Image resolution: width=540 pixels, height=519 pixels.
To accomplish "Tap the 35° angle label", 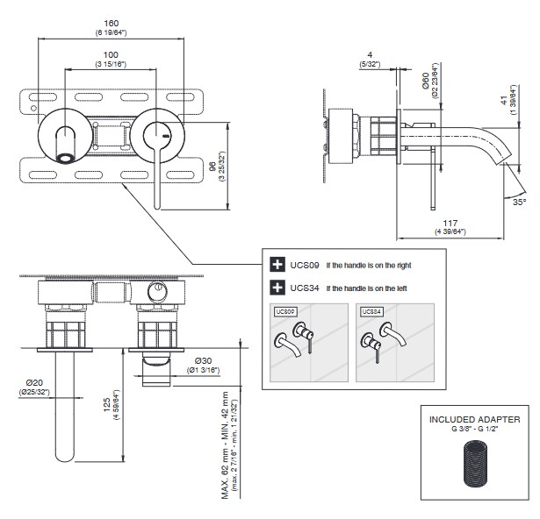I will tap(520, 202).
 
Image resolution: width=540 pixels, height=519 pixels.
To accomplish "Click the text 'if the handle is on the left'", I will tap(367, 288).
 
